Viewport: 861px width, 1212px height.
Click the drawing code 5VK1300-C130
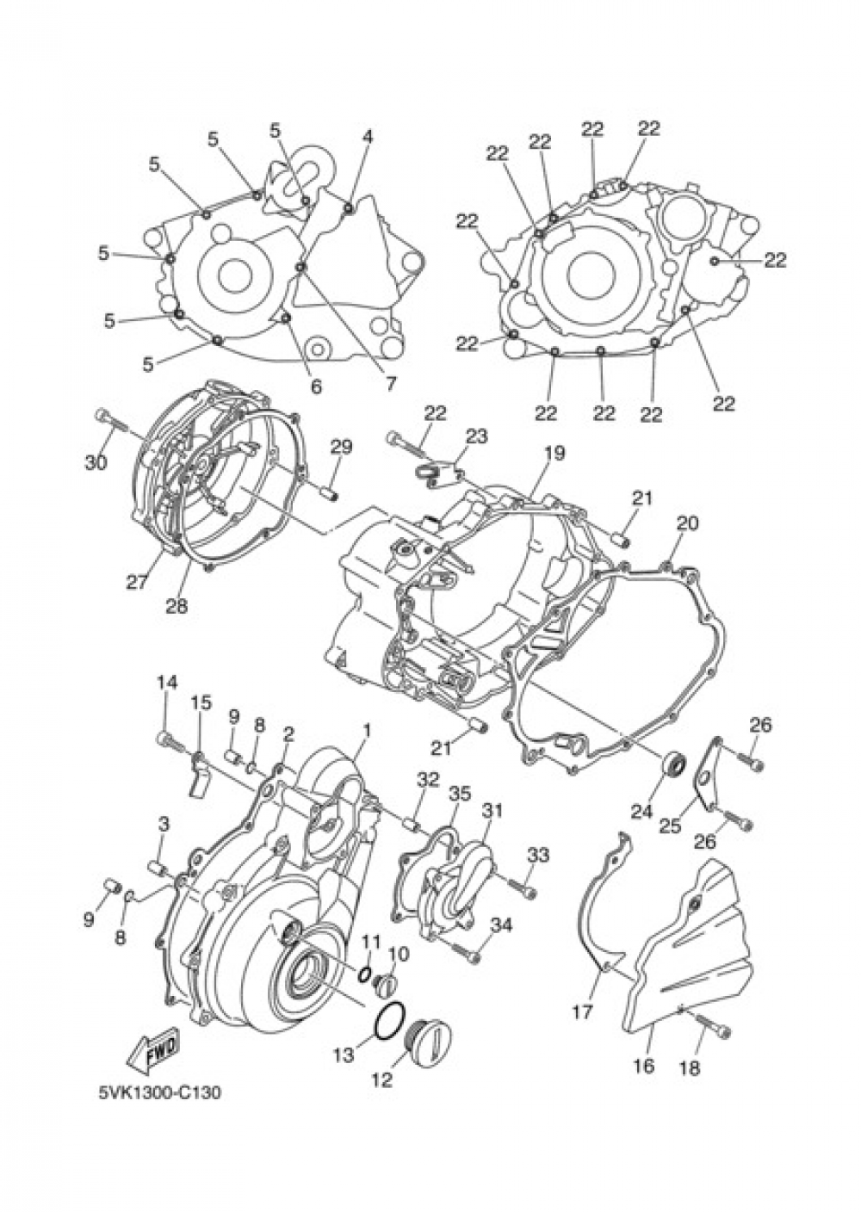point(159,1093)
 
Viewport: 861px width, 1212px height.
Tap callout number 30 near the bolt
point(96,462)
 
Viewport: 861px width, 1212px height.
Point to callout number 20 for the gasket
point(687,523)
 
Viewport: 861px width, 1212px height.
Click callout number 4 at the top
point(368,136)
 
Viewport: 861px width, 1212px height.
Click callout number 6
point(315,386)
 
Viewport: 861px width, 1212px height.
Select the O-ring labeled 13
point(387,1021)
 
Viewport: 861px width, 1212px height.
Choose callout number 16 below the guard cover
point(643,1066)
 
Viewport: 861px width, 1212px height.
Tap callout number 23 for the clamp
point(476,436)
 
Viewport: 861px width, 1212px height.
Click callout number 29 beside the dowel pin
point(341,447)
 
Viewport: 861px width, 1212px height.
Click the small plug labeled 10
point(387,982)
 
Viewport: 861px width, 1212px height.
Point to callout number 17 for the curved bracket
point(583,1011)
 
